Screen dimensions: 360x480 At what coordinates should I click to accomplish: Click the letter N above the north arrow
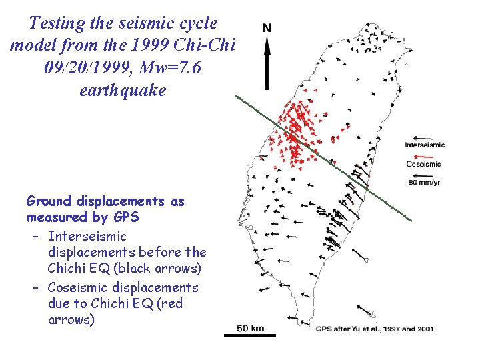tap(267, 28)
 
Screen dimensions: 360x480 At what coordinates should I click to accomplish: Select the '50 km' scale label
tap(250, 327)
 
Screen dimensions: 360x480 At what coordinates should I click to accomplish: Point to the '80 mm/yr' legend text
tap(423, 182)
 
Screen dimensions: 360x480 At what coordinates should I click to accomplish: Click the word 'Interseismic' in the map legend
tap(425, 145)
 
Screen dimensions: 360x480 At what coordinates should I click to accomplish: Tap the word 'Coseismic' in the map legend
tap(423, 164)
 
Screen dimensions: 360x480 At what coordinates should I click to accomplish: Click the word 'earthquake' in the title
tap(122, 89)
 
